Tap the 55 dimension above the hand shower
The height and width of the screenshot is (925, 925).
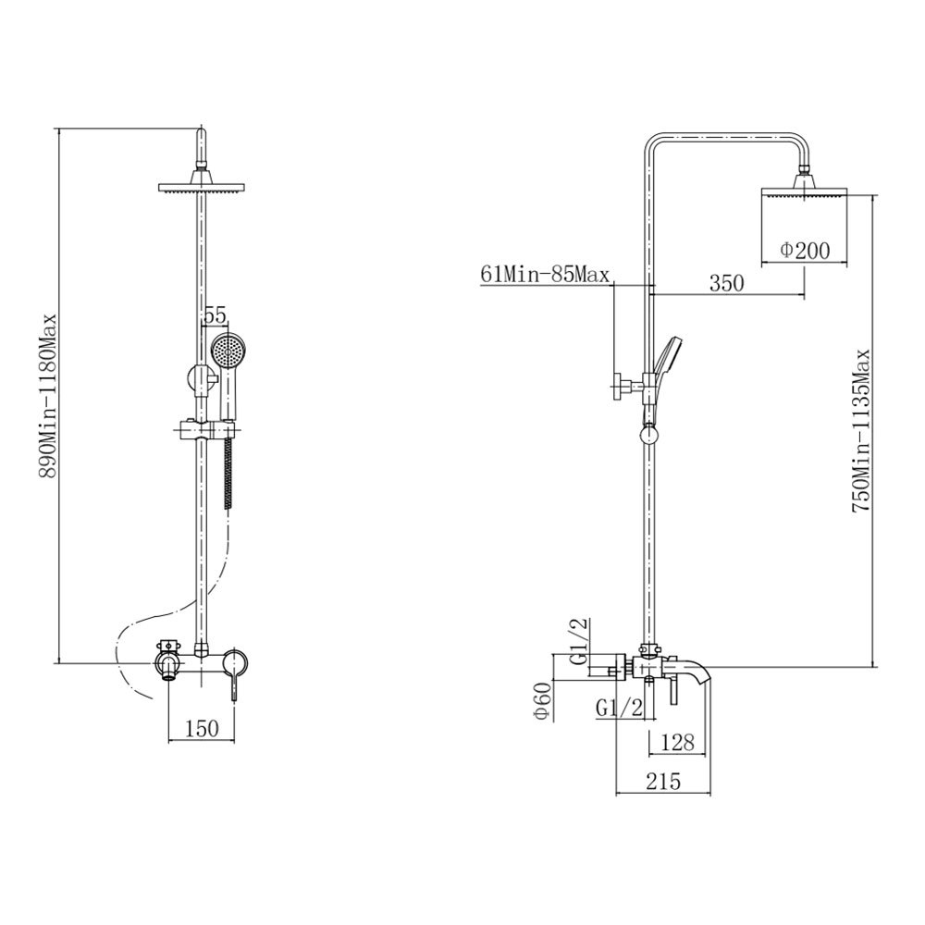click(x=215, y=316)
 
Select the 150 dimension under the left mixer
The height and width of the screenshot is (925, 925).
click(x=203, y=729)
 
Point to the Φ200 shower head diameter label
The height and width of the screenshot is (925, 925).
click(x=805, y=251)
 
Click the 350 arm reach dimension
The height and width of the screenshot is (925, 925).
click(x=726, y=284)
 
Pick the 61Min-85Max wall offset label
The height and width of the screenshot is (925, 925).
click(x=545, y=275)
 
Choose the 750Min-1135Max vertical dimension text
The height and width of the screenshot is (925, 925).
click(x=860, y=431)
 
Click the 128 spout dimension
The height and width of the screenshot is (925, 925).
click(x=678, y=742)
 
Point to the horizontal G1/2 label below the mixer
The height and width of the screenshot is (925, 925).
click(x=618, y=707)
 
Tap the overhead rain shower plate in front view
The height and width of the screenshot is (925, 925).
click(x=201, y=187)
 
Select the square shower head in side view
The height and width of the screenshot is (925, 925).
click(x=805, y=191)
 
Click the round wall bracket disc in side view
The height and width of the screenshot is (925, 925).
click(x=617, y=387)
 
